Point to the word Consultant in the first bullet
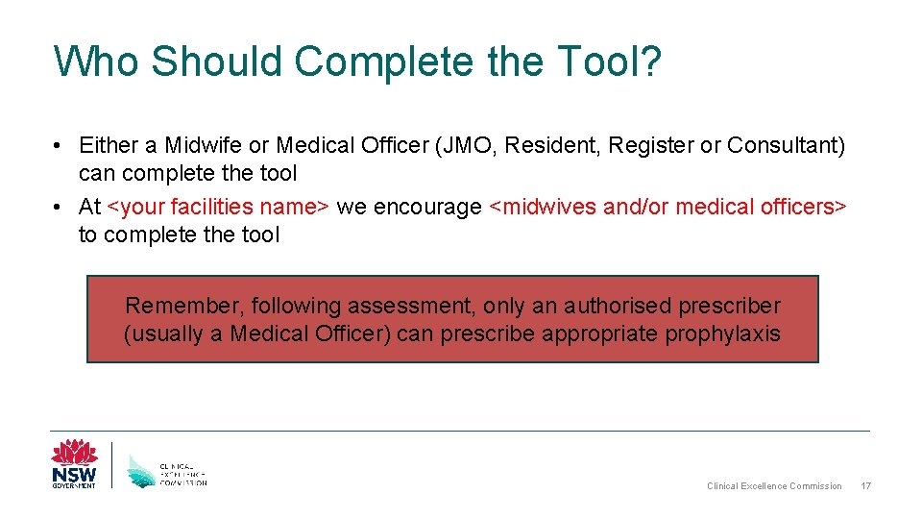click(x=785, y=146)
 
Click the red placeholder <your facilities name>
click(x=219, y=208)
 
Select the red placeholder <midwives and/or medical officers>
click(x=668, y=208)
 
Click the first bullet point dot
click(x=60, y=146)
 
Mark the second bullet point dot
click(x=60, y=208)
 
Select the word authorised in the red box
click(x=619, y=307)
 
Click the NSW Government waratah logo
click(x=74, y=463)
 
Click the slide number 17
click(x=866, y=486)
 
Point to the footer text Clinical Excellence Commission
click(x=774, y=486)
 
